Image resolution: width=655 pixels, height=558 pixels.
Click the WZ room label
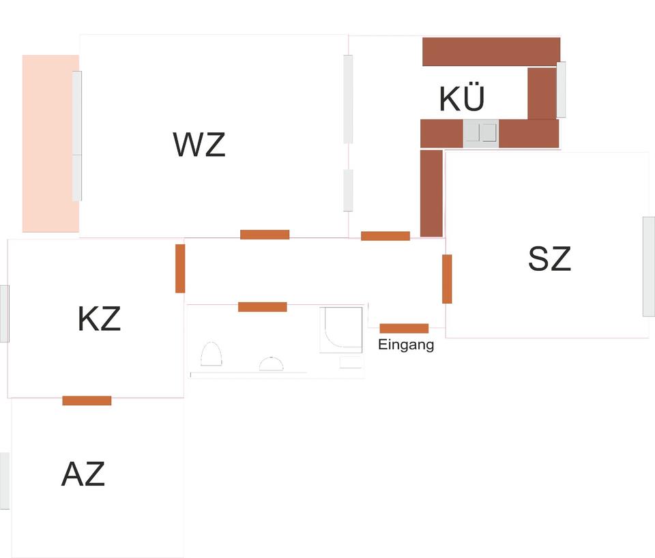click(199, 145)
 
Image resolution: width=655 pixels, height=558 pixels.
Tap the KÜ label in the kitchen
click(462, 98)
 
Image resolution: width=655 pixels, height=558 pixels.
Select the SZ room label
click(549, 259)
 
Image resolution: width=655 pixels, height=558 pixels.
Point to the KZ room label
click(99, 319)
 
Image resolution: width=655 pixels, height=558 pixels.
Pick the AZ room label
click(83, 474)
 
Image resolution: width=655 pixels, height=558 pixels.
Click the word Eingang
click(406, 345)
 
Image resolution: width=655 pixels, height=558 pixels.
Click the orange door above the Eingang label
click(404, 328)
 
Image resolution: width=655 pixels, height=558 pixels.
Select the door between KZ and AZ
click(87, 400)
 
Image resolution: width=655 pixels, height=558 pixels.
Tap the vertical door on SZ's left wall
click(447, 278)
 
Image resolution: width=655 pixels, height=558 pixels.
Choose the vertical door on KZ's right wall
click(180, 268)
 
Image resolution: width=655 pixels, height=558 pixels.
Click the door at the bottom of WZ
click(265, 235)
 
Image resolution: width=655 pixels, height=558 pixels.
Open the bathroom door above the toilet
click(262, 307)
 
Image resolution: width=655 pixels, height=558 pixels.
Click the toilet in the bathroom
click(212, 355)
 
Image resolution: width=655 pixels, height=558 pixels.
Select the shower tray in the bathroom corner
click(340, 329)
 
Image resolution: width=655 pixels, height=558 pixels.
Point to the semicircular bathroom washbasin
click(271, 364)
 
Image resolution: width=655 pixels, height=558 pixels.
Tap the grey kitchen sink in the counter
click(481, 133)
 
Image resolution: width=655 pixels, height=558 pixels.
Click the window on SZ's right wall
click(648, 266)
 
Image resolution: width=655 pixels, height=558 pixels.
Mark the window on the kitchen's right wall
click(561, 89)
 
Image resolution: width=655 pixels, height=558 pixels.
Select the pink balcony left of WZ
click(49, 143)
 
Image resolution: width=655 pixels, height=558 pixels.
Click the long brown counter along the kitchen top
click(491, 52)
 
